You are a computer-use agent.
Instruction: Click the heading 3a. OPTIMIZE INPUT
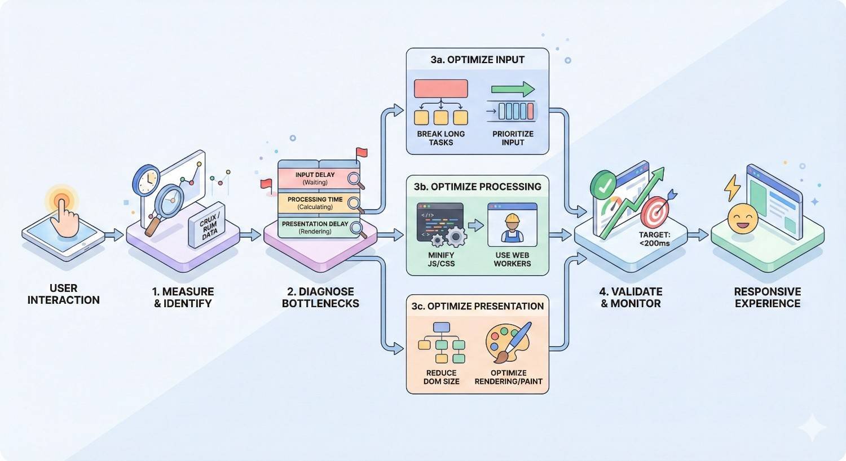[x=477, y=59]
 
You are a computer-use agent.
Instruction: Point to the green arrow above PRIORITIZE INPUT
[x=512, y=89]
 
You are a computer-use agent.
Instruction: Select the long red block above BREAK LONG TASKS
[x=441, y=89]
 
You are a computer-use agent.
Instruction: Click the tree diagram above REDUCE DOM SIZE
[x=441, y=342]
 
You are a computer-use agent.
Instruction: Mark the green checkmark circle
[x=604, y=185]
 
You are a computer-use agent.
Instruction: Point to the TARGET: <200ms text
[x=654, y=239]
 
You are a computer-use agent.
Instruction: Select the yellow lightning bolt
[x=732, y=188]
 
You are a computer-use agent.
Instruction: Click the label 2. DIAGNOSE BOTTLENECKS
[x=320, y=297]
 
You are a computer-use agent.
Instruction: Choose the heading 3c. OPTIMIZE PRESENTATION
[x=477, y=306]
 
